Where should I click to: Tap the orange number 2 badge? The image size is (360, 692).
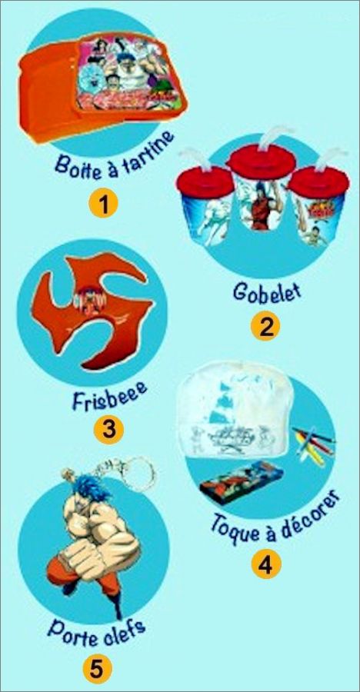(x=265, y=327)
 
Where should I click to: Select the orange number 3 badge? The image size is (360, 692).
(x=109, y=428)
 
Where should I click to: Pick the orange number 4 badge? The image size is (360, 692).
(x=266, y=564)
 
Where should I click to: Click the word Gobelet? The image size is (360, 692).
(x=266, y=291)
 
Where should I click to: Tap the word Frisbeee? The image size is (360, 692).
(x=109, y=396)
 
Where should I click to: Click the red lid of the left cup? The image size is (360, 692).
(x=205, y=182)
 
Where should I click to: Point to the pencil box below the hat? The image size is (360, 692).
(x=241, y=479)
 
